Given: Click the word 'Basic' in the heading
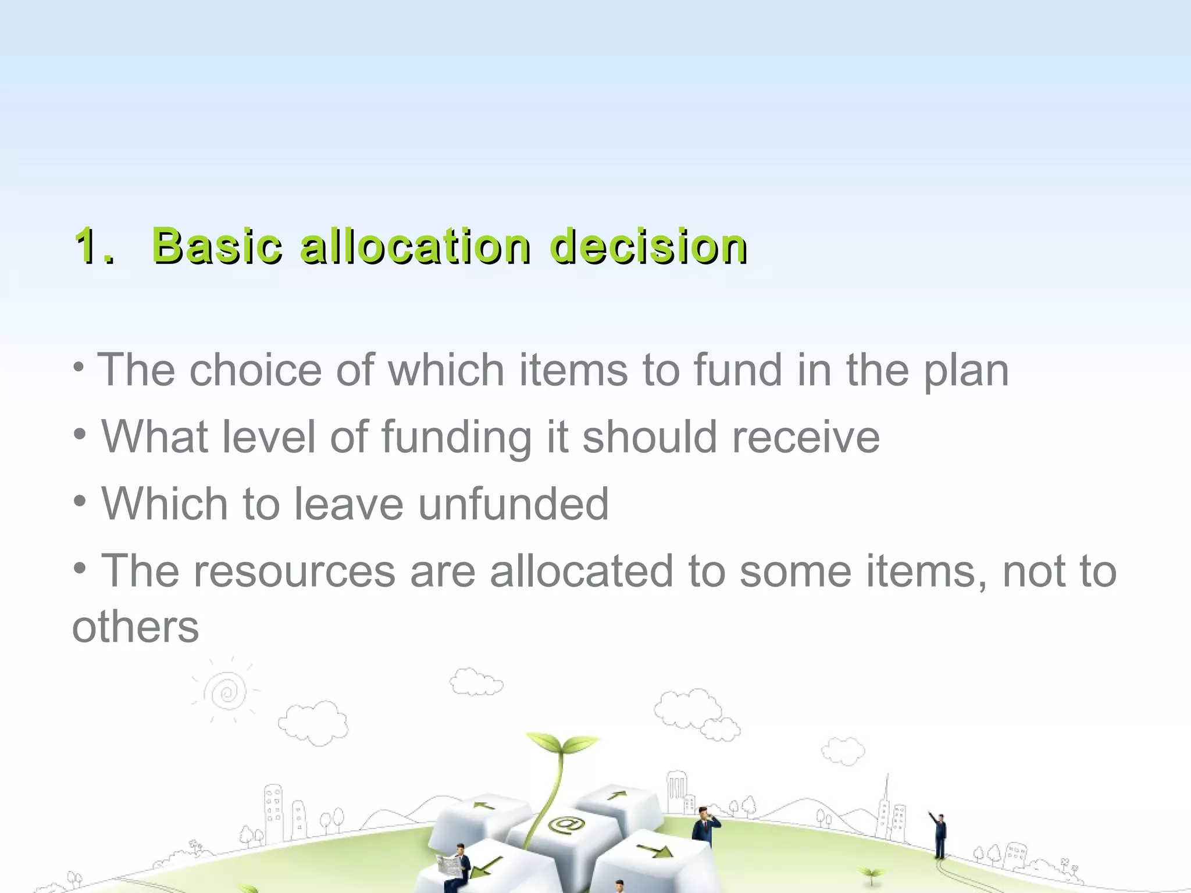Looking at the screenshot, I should tap(217, 246).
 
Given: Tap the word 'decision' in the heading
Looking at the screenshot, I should tap(648, 246).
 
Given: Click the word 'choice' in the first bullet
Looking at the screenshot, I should tap(255, 370).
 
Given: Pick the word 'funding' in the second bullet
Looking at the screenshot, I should tap(457, 437).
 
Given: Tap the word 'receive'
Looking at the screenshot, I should tap(806, 437).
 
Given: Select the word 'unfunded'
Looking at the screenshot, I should tap(513, 503).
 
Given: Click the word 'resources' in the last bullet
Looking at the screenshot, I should tap(294, 571).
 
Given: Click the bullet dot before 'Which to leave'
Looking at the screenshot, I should tap(80, 500).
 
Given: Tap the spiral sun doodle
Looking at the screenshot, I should tap(227, 692).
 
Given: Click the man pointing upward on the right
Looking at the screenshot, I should tap(939, 835).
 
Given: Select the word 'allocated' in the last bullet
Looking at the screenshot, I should tap(582, 571).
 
